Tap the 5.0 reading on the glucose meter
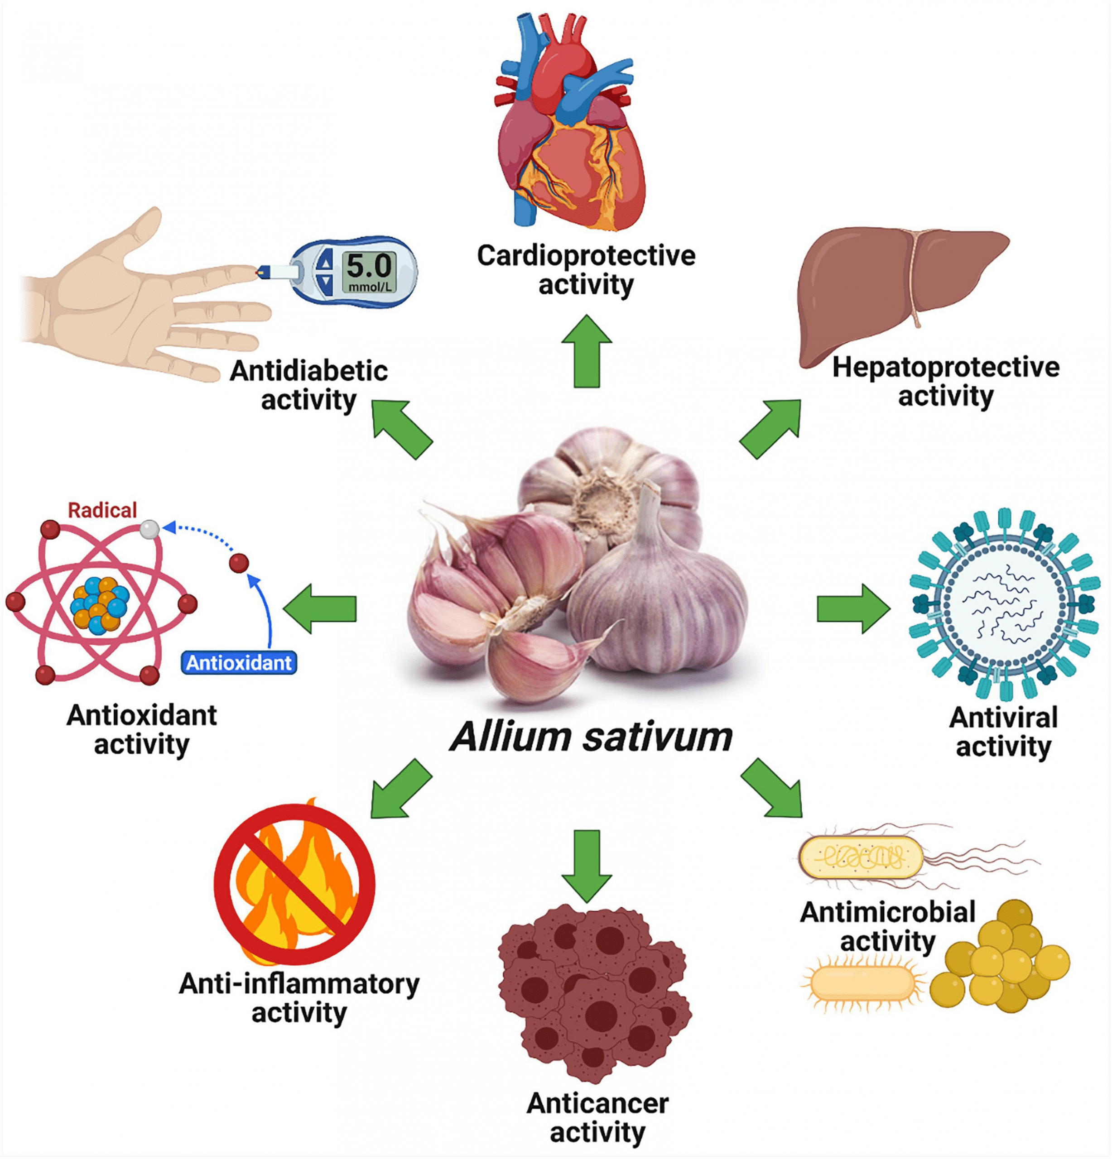368,266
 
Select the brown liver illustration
887,290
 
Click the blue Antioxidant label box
238,663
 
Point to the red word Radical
102,510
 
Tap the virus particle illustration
1004,603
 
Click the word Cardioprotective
586,255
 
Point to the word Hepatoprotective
945,367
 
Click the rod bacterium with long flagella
861,857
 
